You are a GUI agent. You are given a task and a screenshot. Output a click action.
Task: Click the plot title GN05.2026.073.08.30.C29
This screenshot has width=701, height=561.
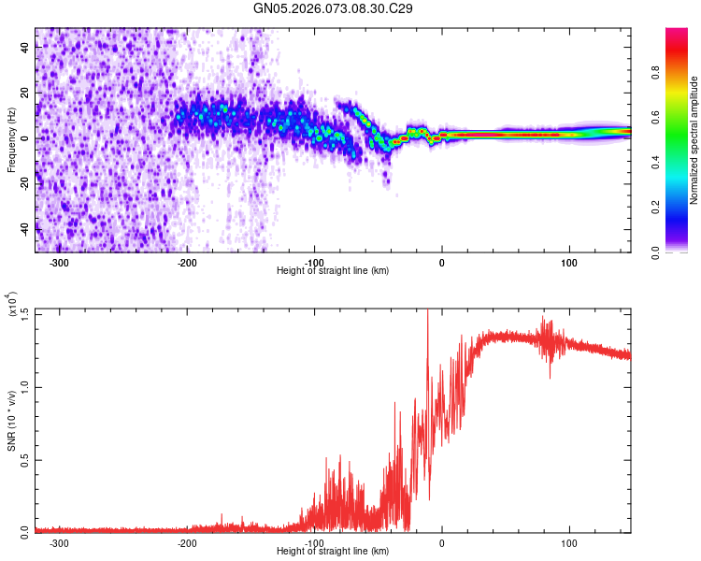334,8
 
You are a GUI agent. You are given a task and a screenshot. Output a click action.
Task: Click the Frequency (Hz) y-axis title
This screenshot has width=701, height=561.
11,140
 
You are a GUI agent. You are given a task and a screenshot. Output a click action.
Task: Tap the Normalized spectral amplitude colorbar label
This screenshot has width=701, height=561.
694,140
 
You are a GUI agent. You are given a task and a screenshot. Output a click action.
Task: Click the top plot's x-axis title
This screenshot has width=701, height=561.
333,270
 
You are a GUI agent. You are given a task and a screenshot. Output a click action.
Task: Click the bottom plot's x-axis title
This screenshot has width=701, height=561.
333,551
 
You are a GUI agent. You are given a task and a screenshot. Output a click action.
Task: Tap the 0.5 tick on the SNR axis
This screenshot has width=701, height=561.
24,459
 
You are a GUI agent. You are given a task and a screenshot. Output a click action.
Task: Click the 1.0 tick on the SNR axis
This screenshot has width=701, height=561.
24,386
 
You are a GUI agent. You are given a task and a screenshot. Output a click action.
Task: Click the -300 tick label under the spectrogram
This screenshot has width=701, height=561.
59,262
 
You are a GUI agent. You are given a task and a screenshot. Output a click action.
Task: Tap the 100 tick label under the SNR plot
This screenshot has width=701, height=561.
569,542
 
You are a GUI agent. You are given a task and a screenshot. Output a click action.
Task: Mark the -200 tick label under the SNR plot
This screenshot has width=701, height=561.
187,542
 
